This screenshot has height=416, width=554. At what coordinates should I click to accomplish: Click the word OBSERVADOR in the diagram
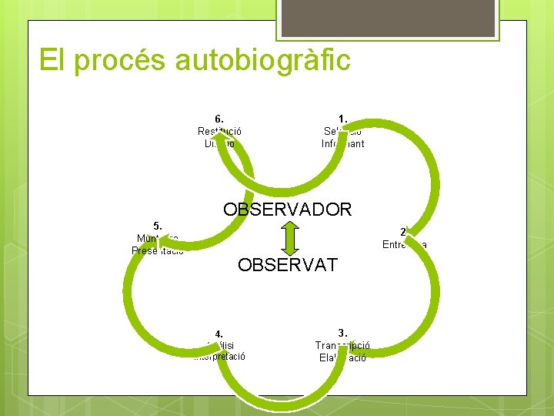287,209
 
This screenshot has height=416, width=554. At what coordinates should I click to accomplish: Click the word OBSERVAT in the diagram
287,265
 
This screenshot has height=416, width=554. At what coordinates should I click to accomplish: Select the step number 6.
219,119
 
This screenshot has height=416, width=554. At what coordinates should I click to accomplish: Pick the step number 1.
342,119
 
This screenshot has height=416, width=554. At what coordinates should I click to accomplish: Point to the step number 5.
158,226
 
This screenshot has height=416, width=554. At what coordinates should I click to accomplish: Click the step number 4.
219,334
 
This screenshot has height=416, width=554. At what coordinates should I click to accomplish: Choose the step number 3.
342,333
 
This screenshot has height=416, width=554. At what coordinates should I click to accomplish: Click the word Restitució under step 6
219,131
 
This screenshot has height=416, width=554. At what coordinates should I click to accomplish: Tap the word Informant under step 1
342,143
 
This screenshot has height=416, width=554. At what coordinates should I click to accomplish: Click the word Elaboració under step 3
342,357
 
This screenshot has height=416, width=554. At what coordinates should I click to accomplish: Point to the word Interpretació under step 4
220,357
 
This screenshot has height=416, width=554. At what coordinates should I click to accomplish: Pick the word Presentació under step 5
158,250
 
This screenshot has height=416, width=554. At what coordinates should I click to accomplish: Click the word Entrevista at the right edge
405,245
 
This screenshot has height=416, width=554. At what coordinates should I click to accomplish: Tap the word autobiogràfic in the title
263,59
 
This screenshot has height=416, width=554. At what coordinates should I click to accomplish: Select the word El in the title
52,59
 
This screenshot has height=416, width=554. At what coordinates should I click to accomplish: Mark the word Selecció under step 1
342,131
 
